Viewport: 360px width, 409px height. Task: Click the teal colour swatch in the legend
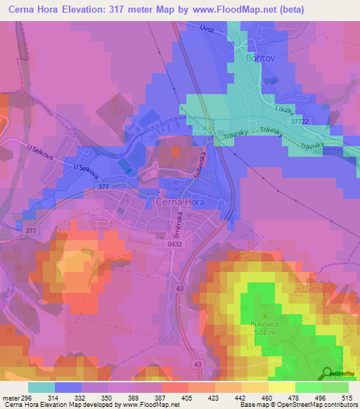41,387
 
